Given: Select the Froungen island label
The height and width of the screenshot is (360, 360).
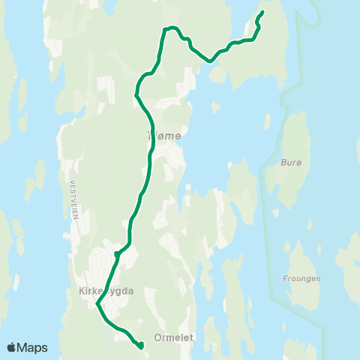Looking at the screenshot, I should pos(302,279).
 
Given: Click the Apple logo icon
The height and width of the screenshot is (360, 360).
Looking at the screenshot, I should pos(12,347).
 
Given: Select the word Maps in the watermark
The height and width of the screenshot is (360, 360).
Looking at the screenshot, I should pos(34,347).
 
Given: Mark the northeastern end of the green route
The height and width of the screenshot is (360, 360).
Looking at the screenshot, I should pos(262,12).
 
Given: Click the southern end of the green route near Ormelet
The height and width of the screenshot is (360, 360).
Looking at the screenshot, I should pos(141,346).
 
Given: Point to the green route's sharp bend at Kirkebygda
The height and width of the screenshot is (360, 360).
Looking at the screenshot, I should pos(97,304).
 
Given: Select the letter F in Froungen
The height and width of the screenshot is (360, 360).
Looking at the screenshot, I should pos(286,279).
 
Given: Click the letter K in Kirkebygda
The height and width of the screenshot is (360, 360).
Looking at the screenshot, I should pos(81,290).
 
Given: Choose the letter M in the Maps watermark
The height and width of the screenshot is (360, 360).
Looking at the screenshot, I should pos(25,347).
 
